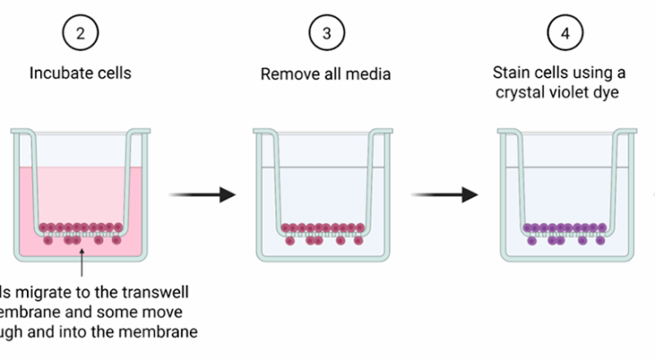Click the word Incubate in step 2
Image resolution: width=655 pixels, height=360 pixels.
click(x=62, y=73)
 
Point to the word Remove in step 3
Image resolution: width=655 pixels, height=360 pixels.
click(x=288, y=74)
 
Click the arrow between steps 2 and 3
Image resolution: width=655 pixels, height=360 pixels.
click(x=201, y=195)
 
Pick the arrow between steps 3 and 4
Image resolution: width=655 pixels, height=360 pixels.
click(x=445, y=195)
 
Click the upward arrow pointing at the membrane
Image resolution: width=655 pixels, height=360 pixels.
click(x=81, y=262)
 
